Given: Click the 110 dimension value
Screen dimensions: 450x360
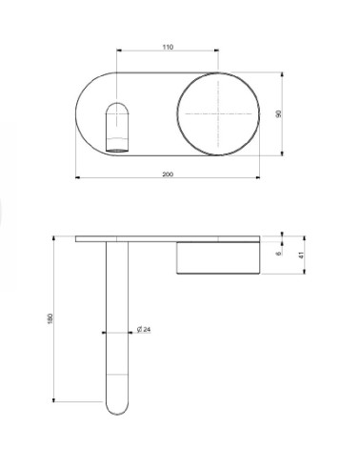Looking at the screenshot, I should tap(169, 47).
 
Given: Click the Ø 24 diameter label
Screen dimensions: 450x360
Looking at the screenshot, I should tap(144, 330).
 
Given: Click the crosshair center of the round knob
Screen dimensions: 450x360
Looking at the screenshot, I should tap(218, 113).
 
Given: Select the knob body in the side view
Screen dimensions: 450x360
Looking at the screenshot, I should tap(218, 257).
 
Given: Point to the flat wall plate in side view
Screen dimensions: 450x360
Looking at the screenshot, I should tap(167, 237).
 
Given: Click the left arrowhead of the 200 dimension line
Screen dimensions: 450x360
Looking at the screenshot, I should tap(77, 179).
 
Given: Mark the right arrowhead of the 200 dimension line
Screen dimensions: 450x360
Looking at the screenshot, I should tap(258, 179).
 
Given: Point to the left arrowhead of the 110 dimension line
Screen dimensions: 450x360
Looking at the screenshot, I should tap(118, 51).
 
